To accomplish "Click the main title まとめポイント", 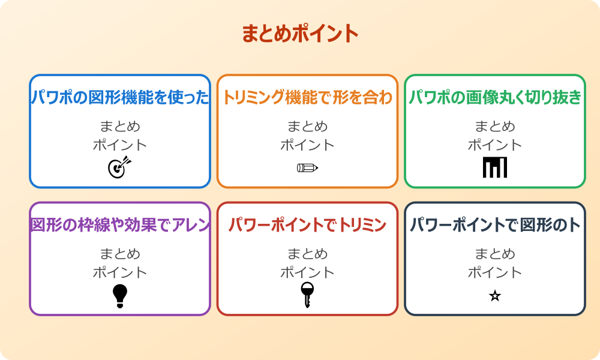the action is coord(299,34).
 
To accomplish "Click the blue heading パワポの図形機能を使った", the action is coord(120,98).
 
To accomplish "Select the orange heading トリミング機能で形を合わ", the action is coord(307,98).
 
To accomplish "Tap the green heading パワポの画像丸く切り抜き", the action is coord(495,98).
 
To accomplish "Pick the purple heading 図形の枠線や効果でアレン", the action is coord(120,226).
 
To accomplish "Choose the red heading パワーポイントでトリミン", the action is coord(307,226).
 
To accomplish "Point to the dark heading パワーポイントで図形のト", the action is coord(495,226).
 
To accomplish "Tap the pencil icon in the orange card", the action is coord(307,167).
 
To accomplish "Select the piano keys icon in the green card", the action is coord(495,167).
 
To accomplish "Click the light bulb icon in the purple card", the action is coord(120,296).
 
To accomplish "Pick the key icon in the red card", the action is coord(307,295).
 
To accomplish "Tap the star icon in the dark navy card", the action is coord(495,296).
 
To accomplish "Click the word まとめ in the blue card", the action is coord(120,127).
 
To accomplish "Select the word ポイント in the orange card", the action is coord(307,145).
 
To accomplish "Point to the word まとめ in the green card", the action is coord(495,127).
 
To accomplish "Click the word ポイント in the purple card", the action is coord(120,272).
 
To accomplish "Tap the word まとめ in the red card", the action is coord(307,254).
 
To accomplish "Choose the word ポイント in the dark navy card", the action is coord(495,272).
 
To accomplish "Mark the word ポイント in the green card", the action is coord(495,145).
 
